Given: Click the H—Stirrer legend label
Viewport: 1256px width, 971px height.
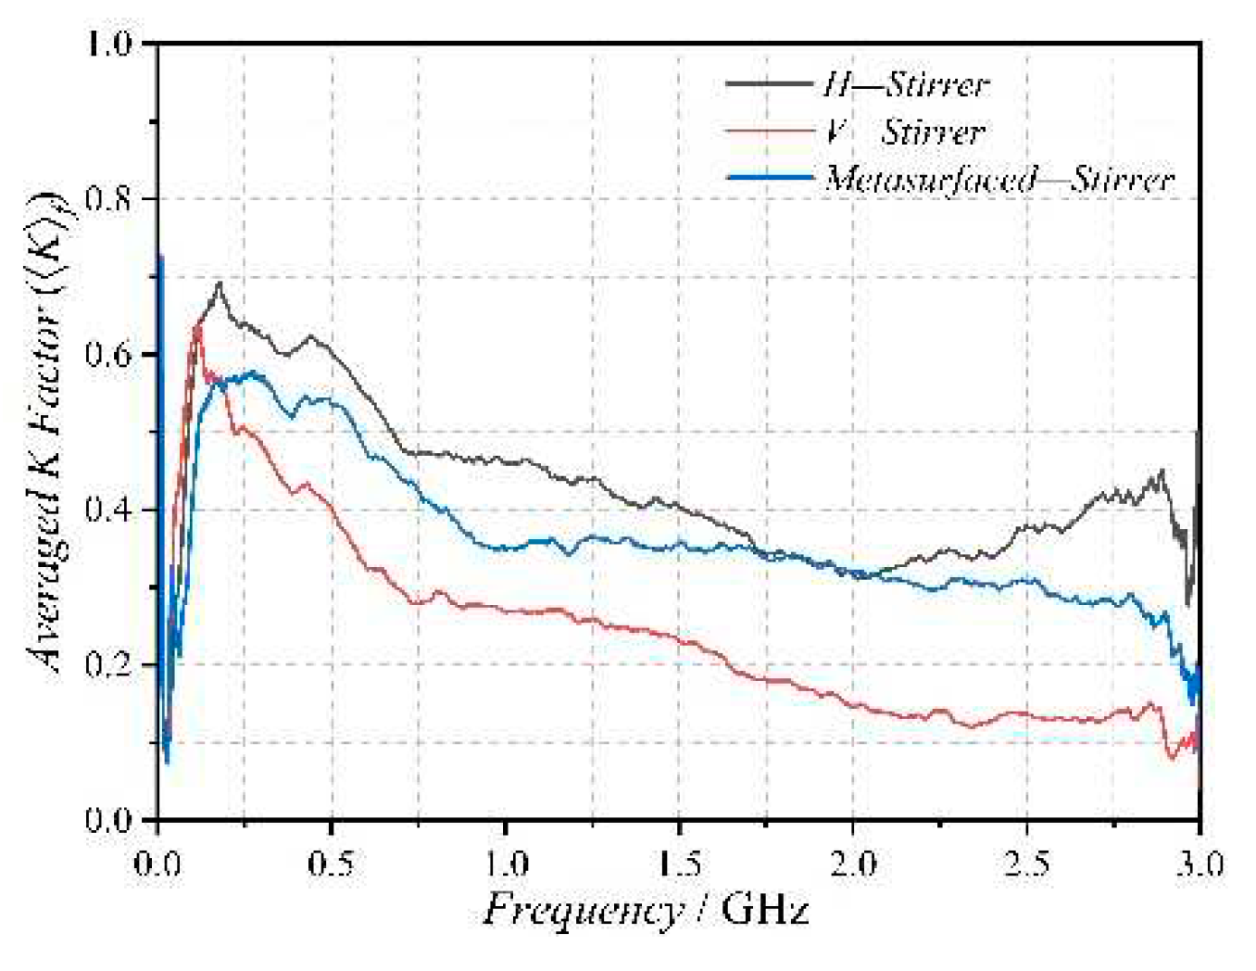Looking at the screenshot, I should pos(906,85).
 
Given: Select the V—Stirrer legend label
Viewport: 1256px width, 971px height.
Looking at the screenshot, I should pos(904,132).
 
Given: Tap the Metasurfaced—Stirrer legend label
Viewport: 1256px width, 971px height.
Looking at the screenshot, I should pos(999,179).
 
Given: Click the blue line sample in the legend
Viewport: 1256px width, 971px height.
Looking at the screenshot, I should pos(770,177).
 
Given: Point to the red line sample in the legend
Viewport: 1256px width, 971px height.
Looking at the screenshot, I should pos(770,132).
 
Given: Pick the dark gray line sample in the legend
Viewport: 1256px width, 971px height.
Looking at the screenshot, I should pos(770,84).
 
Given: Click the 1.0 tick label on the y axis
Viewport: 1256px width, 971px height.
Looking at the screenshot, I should pos(109,44).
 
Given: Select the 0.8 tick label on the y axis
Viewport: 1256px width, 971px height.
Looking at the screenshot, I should pos(109,199).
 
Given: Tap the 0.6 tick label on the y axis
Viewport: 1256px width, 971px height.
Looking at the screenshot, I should pos(109,355).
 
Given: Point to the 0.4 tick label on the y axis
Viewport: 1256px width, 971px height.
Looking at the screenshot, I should pos(109,511).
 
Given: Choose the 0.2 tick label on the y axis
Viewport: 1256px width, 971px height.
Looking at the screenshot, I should pos(109,665).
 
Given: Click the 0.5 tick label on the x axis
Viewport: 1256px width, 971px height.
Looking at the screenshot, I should pos(331,864).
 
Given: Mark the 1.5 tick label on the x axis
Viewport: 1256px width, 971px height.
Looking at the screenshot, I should pos(679,864).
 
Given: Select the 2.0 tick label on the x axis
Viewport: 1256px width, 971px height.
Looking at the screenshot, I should pos(852,864).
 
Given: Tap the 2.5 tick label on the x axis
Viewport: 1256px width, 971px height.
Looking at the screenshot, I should pos(1026,864).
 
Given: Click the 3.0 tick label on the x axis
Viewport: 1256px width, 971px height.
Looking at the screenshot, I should pos(1199,864).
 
